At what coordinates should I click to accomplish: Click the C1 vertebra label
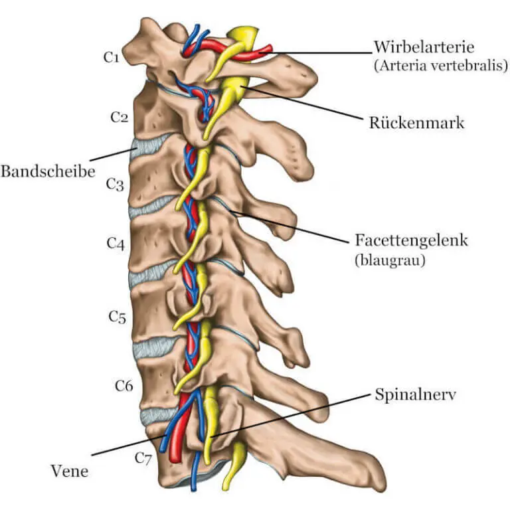point(111,57)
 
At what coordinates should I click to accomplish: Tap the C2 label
point(118,118)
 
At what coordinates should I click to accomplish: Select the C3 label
point(115,185)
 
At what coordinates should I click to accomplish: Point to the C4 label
point(116,244)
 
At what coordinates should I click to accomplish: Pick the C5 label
point(117,317)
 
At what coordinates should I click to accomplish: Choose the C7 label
point(143,457)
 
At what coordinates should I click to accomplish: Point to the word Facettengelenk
point(411,240)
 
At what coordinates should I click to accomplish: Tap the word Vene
point(68,471)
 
